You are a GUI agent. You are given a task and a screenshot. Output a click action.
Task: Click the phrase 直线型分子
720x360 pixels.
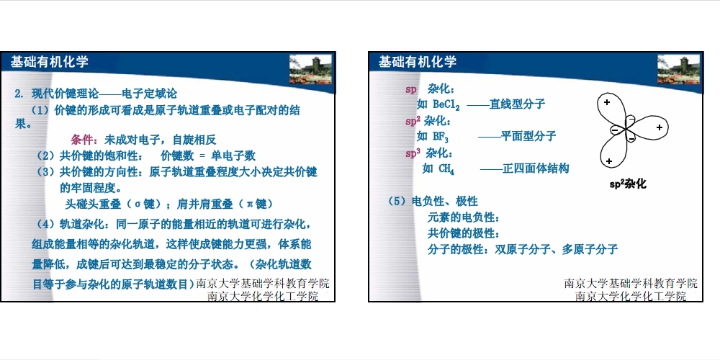517,104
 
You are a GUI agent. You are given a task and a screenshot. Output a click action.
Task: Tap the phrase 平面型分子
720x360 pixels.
528,136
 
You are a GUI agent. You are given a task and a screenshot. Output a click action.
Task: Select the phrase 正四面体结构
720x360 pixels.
536,168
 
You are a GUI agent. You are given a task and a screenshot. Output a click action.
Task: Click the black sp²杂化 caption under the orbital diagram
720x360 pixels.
627,184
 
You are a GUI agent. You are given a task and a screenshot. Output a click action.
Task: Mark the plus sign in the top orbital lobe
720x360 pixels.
606,102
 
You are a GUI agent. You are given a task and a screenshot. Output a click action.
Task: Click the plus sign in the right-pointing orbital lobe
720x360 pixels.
660,127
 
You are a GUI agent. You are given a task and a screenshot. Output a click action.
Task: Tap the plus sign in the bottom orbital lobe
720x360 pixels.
609,161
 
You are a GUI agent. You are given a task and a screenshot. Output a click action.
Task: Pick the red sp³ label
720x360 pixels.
413,153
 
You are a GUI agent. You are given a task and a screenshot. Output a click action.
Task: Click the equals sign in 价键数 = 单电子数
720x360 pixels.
202,156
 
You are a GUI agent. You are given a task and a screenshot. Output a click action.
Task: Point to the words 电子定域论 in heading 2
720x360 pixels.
149,94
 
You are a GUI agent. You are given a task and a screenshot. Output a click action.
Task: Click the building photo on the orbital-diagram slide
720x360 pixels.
679,69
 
